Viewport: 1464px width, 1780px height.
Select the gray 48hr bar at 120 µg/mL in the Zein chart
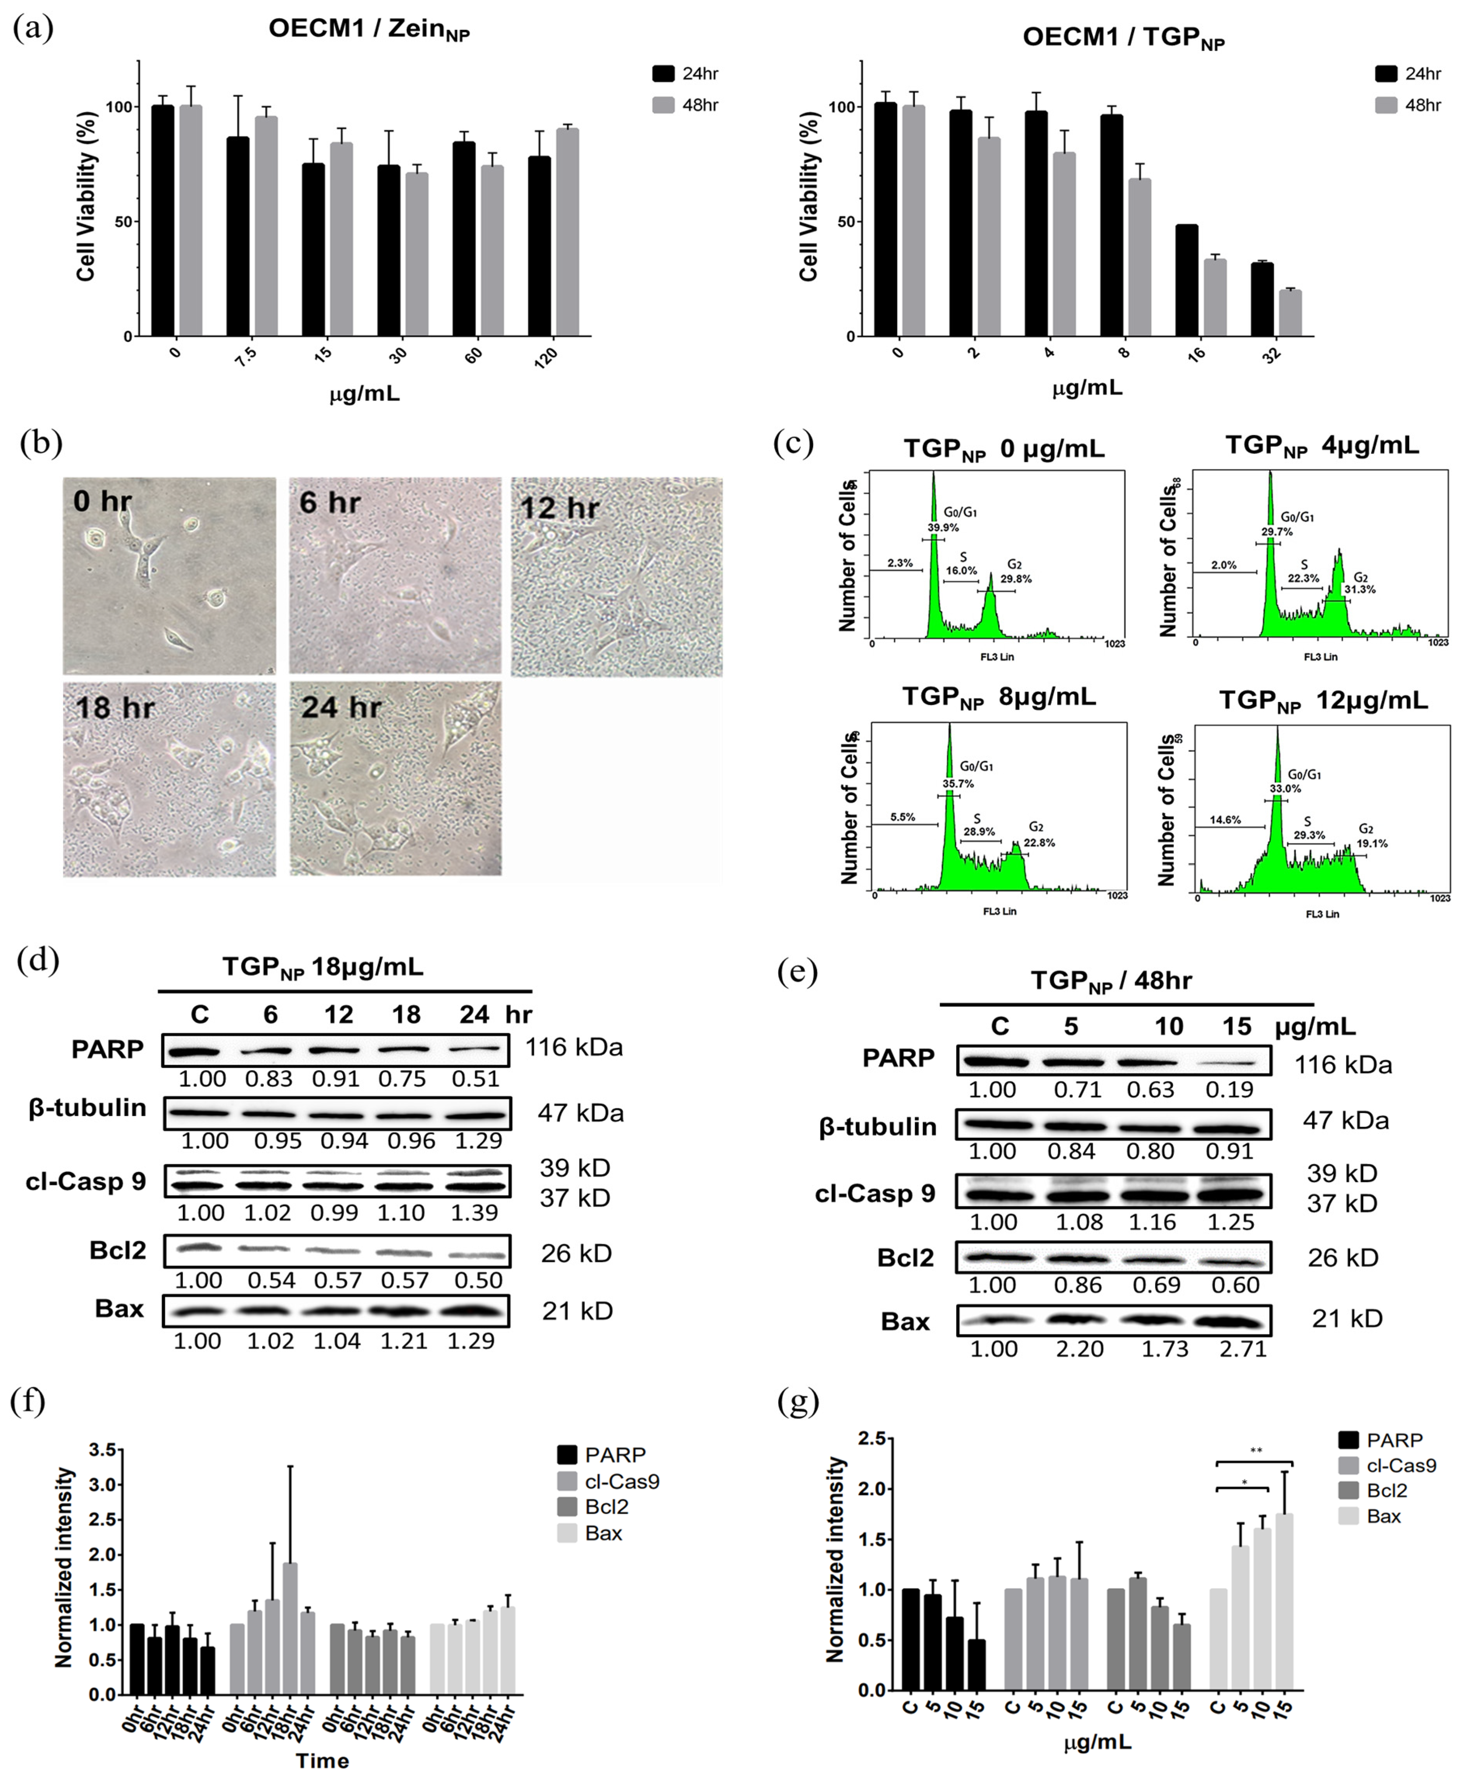568,232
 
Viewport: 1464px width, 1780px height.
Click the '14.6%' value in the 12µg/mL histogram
1225,820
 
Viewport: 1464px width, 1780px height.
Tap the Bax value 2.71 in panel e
1243,1349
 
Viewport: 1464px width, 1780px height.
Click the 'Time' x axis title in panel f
322,1761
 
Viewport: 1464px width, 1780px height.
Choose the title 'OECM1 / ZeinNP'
369,30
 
